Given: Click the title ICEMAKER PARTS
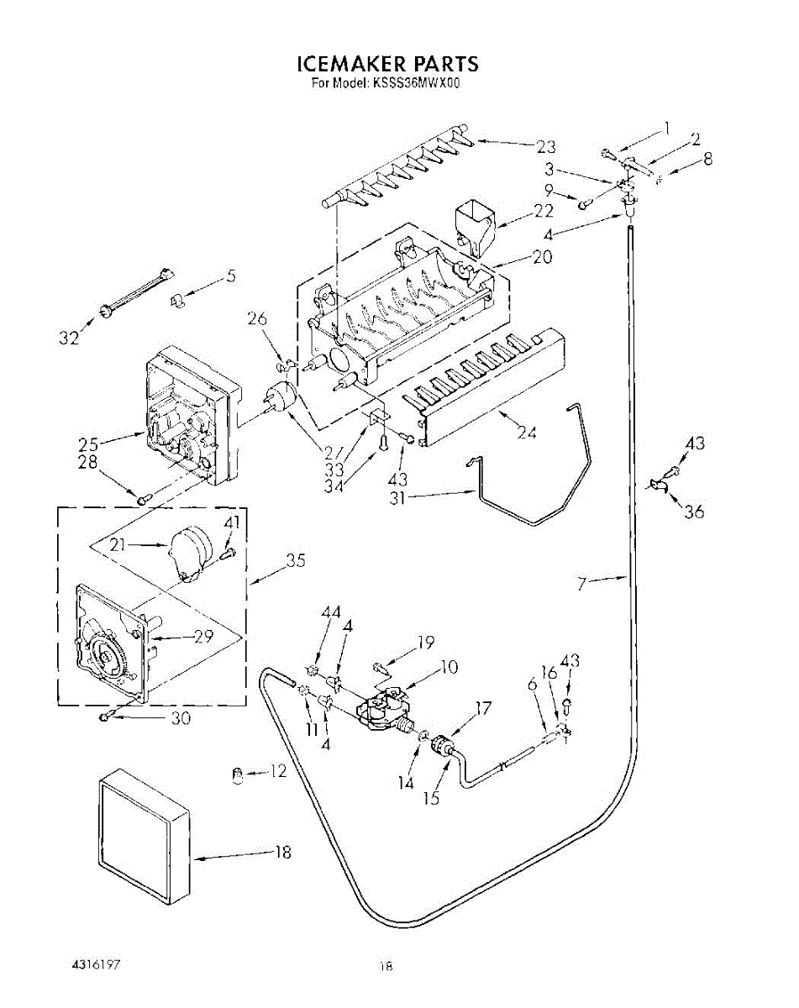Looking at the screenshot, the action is click(388, 64).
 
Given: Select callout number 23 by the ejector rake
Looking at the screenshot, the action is click(545, 147).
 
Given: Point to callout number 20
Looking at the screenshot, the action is click(542, 257).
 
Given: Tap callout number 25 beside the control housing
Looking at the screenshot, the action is click(88, 444).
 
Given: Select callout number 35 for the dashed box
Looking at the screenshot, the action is click(296, 560).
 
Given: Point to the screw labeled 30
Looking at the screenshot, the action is click(107, 717).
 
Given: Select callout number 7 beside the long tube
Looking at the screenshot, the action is click(582, 584).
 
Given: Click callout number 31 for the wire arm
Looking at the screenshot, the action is click(397, 498).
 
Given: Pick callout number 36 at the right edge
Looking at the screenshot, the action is click(694, 511).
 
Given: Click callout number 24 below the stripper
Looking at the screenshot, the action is click(527, 433).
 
